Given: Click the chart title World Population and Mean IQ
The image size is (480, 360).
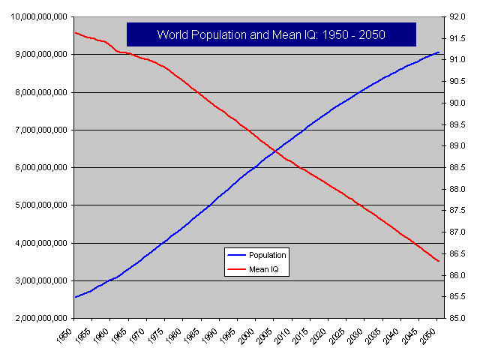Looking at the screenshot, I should point(271,34).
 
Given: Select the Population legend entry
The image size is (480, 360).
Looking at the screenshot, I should point(256,255).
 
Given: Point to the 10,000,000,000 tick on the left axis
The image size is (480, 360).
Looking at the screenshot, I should point(37,16).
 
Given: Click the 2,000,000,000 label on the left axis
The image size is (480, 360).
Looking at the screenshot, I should point(37,319).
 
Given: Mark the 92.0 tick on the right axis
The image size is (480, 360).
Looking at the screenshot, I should point(454,16).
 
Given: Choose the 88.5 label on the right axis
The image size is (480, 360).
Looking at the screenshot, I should point(454,168).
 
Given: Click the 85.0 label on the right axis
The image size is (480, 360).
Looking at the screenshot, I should point(454,319).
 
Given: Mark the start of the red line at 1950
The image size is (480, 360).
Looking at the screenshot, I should point(75,32).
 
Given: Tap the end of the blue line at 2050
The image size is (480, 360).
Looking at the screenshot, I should point(439,52).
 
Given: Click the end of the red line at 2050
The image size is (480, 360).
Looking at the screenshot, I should point(439,261).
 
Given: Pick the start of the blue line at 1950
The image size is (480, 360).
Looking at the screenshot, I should point(75,297).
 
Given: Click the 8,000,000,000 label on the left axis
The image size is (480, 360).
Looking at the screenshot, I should point(37,92).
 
